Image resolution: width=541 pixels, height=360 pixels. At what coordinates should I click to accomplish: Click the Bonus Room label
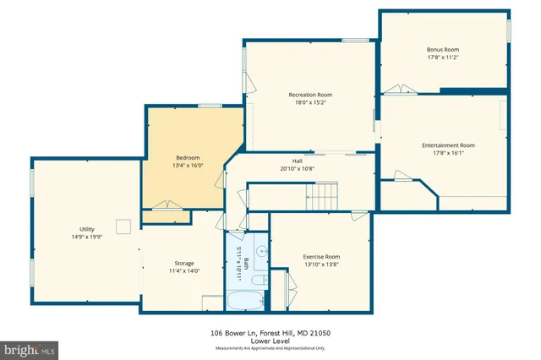(x=443, y=49)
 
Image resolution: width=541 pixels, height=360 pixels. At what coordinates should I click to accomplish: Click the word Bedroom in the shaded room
(x=188, y=158)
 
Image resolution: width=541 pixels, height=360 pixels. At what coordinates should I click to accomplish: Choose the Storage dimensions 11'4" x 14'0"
(x=184, y=271)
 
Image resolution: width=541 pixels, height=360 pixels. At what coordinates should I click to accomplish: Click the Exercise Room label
(x=321, y=256)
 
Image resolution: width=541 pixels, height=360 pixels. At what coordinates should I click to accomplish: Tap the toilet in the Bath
(x=260, y=279)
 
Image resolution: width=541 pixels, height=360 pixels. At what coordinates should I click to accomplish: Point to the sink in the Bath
(x=261, y=251)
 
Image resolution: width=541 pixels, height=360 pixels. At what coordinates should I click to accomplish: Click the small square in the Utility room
(x=124, y=225)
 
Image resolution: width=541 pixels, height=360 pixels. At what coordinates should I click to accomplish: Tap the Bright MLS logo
(x=30, y=348)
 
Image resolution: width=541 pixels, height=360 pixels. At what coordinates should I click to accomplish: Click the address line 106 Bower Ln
(x=270, y=333)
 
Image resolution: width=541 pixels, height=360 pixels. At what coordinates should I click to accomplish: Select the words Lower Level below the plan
(x=270, y=341)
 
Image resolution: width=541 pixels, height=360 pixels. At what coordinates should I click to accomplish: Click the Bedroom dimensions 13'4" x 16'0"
(x=188, y=166)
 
